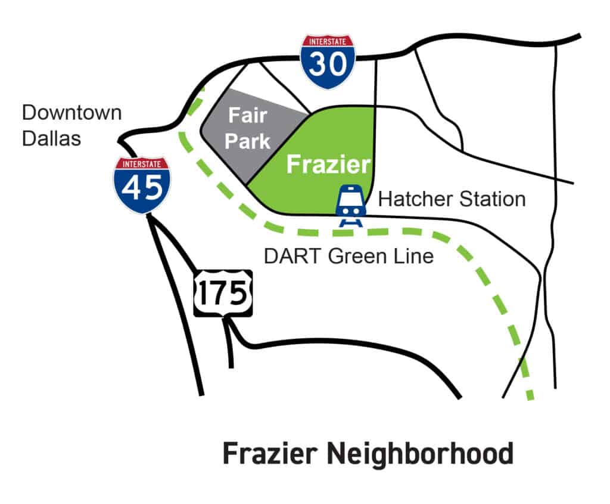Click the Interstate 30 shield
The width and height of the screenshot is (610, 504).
tap(327, 61)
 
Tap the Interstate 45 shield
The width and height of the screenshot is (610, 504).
tap(142, 185)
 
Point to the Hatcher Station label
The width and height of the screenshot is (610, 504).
tap(452, 199)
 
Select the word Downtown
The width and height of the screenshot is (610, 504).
tap(71, 112)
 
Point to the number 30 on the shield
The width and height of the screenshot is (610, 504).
tap(327, 65)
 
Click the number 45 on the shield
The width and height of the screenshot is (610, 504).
tap(142, 188)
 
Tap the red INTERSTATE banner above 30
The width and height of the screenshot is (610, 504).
tap(327, 41)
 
